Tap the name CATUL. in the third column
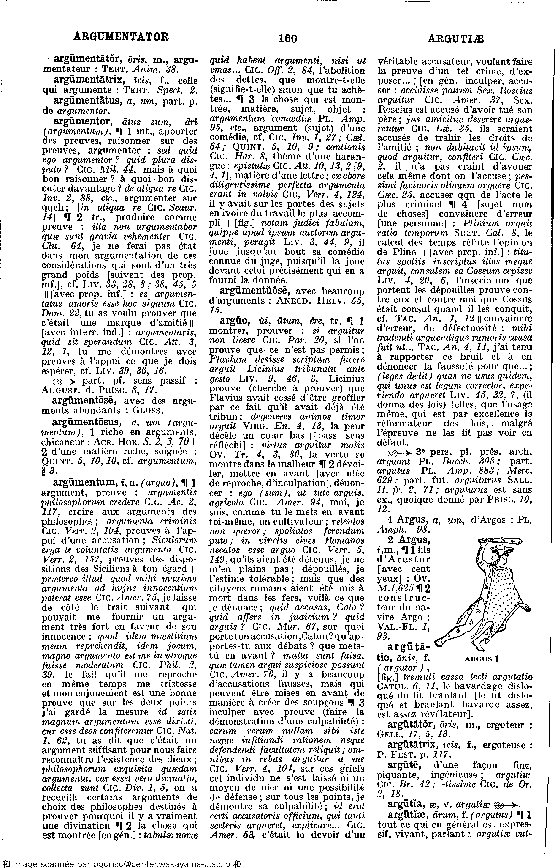(x=391, y=687)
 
